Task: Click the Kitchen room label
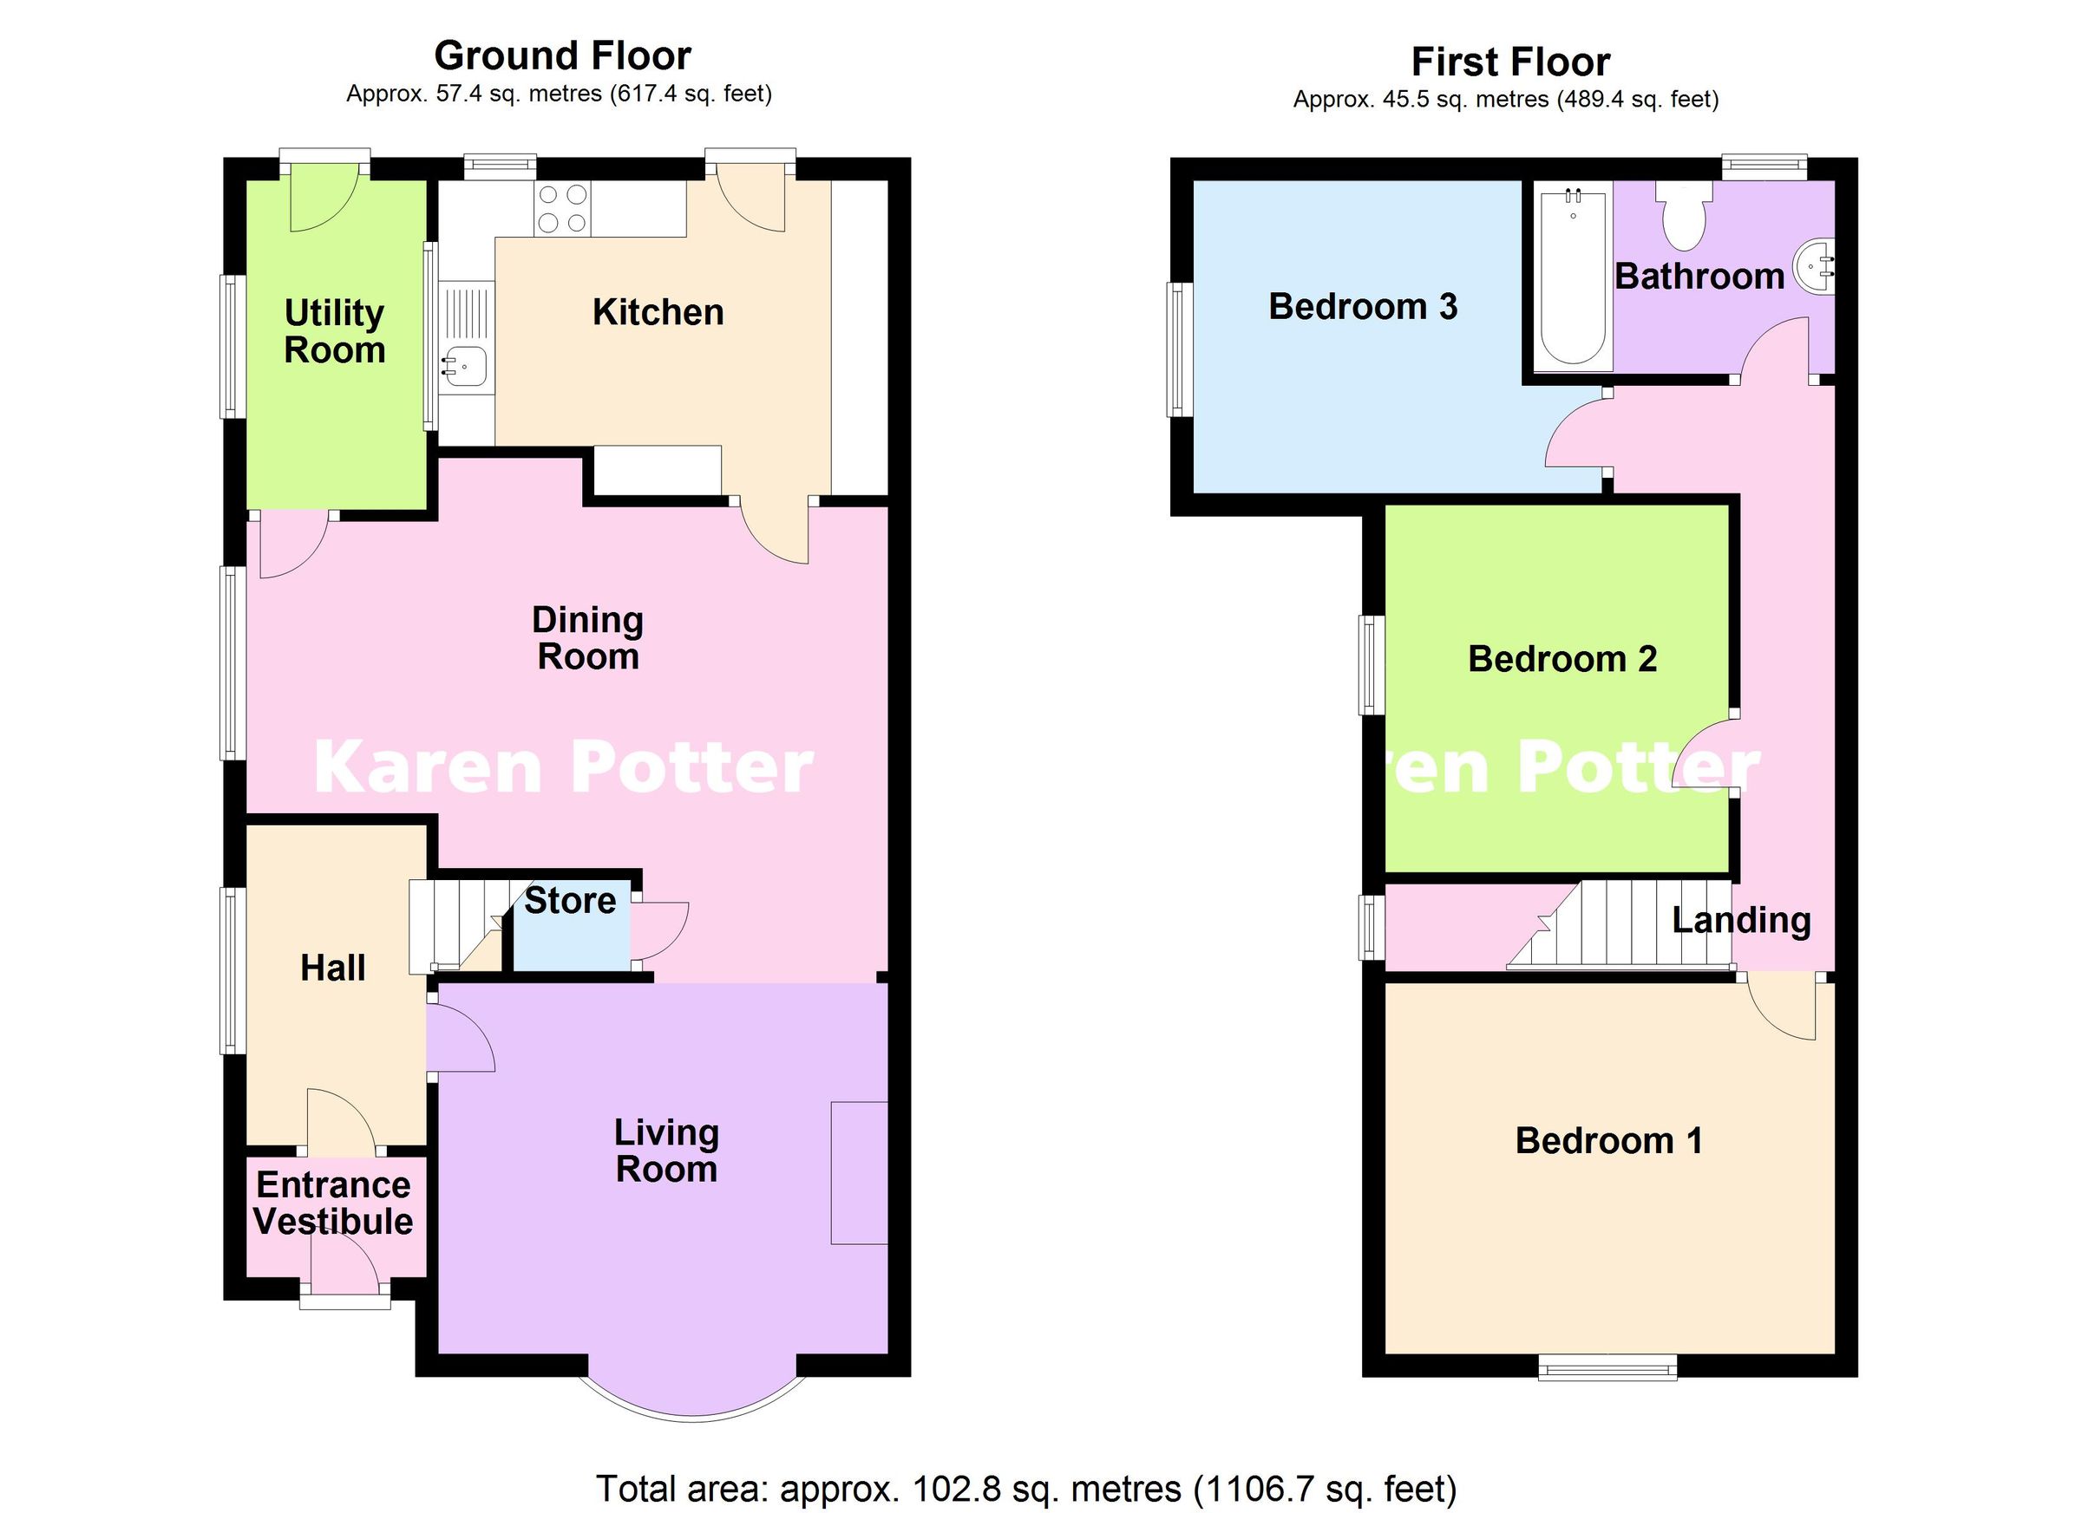[x=658, y=313]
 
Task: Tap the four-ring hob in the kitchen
[x=563, y=208]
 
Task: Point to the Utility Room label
[x=334, y=331]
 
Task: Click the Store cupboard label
[x=569, y=901]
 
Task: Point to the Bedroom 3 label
[x=1362, y=306]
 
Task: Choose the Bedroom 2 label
[x=1561, y=659]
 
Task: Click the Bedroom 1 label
[x=1608, y=1140]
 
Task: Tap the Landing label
[x=1740, y=920]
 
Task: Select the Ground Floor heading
[x=562, y=56]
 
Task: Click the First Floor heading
[x=1510, y=62]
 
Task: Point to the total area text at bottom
[x=1026, y=1488]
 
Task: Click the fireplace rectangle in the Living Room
[x=858, y=1172]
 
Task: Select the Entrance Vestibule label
[x=333, y=1203]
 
